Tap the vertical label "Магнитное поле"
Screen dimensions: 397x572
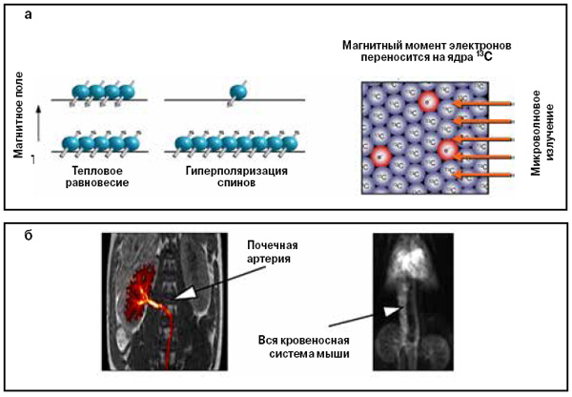pyautogui.click(x=18, y=104)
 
